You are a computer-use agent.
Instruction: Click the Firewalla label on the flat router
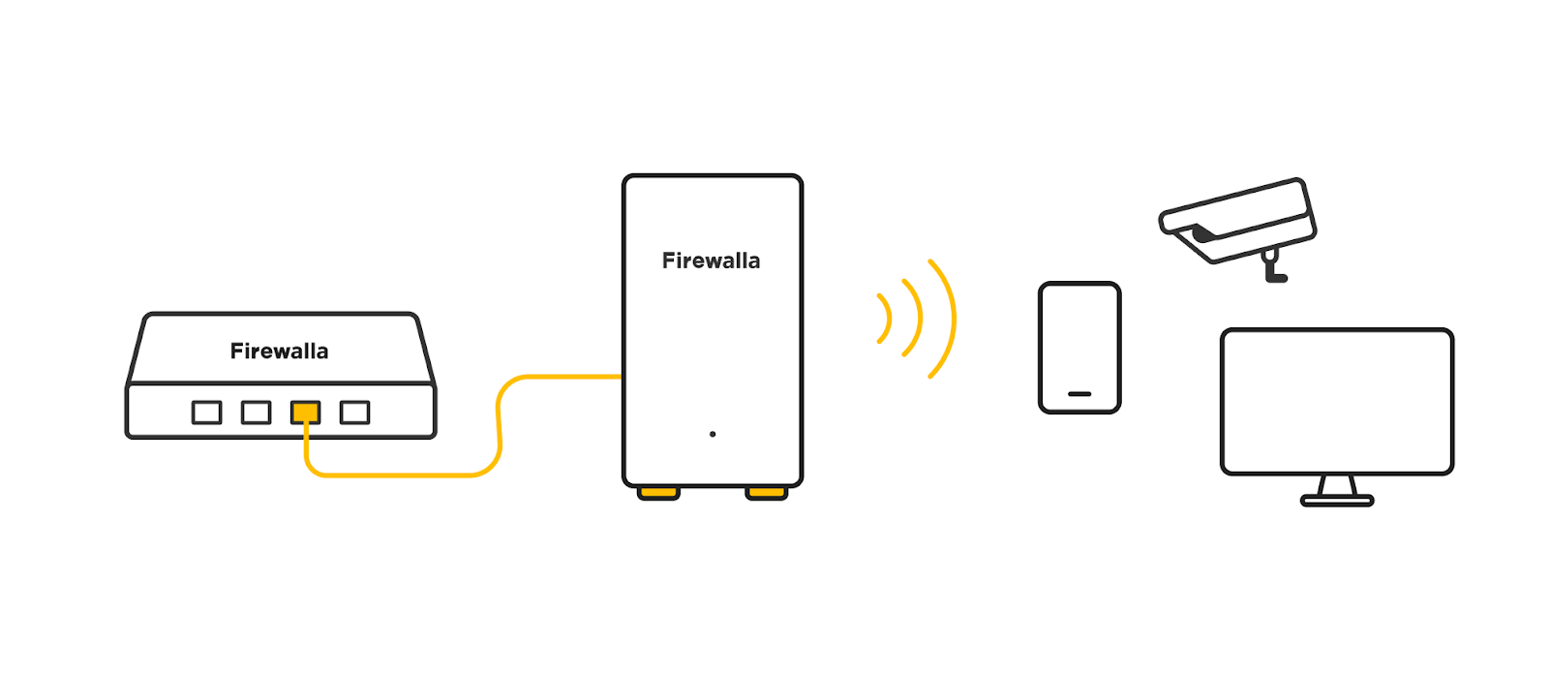pyautogui.click(x=279, y=351)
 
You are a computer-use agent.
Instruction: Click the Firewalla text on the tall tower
pyautogui.click(x=711, y=261)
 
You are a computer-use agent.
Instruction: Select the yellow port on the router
pyautogui.click(x=305, y=413)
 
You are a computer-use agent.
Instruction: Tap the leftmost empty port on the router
pyautogui.click(x=206, y=413)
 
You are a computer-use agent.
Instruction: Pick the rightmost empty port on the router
pyautogui.click(x=354, y=413)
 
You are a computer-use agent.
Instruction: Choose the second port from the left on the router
pyautogui.click(x=256, y=413)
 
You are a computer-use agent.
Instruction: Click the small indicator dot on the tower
pyautogui.click(x=713, y=434)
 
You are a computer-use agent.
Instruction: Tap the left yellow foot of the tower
pyautogui.click(x=658, y=494)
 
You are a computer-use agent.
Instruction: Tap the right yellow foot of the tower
pyautogui.click(x=766, y=494)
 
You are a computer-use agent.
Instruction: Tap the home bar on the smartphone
pyautogui.click(x=1079, y=394)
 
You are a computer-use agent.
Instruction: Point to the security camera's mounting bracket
pyautogui.click(x=1272, y=267)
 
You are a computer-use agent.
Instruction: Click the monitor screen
pyautogui.click(x=1337, y=401)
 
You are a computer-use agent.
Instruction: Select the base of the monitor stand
pyautogui.click(x=1337, y=501)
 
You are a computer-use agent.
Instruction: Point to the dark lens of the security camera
pyautogui.click(x=1201, y=233)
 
